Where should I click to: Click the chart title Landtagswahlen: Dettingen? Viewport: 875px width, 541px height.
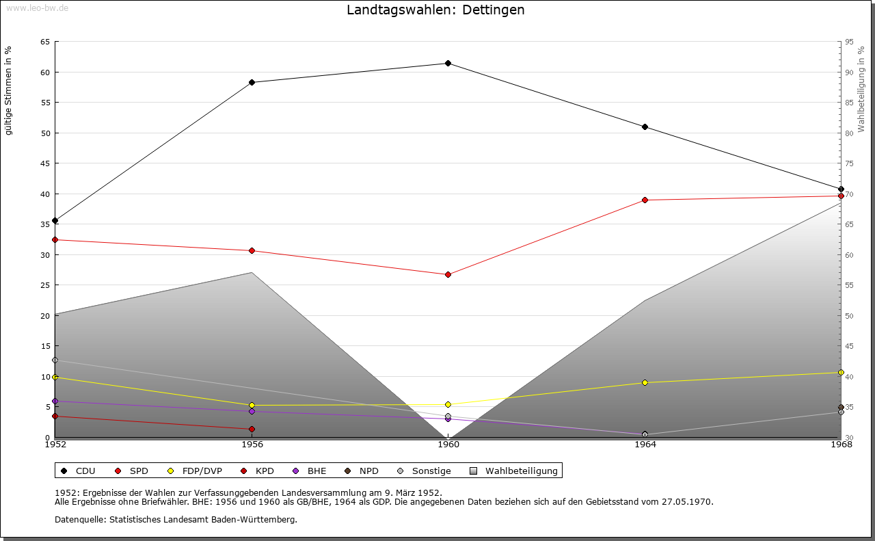point(435,10)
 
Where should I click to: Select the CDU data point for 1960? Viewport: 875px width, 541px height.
point(448,64)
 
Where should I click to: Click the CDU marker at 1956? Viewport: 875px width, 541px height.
point(252,83)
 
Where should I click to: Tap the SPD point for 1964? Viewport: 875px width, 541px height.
point(645,200)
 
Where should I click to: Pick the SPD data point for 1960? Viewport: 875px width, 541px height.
point(448,275)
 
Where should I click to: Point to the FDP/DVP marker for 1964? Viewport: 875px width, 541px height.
point(645,383)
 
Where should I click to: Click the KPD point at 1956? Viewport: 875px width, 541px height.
point(252,430)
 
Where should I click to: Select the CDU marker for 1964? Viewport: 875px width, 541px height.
point(645,127)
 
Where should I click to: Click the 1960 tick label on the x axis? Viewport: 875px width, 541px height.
point(448,445)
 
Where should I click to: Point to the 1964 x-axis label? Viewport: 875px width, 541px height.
point(645,445)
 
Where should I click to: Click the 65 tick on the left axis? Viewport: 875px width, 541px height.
point(45,42)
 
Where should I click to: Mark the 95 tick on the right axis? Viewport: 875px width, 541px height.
point(849,42)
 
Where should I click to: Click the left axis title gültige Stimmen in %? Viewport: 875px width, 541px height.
point(9,90)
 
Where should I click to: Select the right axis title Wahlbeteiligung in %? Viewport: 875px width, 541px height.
point(861,90)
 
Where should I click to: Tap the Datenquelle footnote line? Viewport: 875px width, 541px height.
point(176,520)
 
